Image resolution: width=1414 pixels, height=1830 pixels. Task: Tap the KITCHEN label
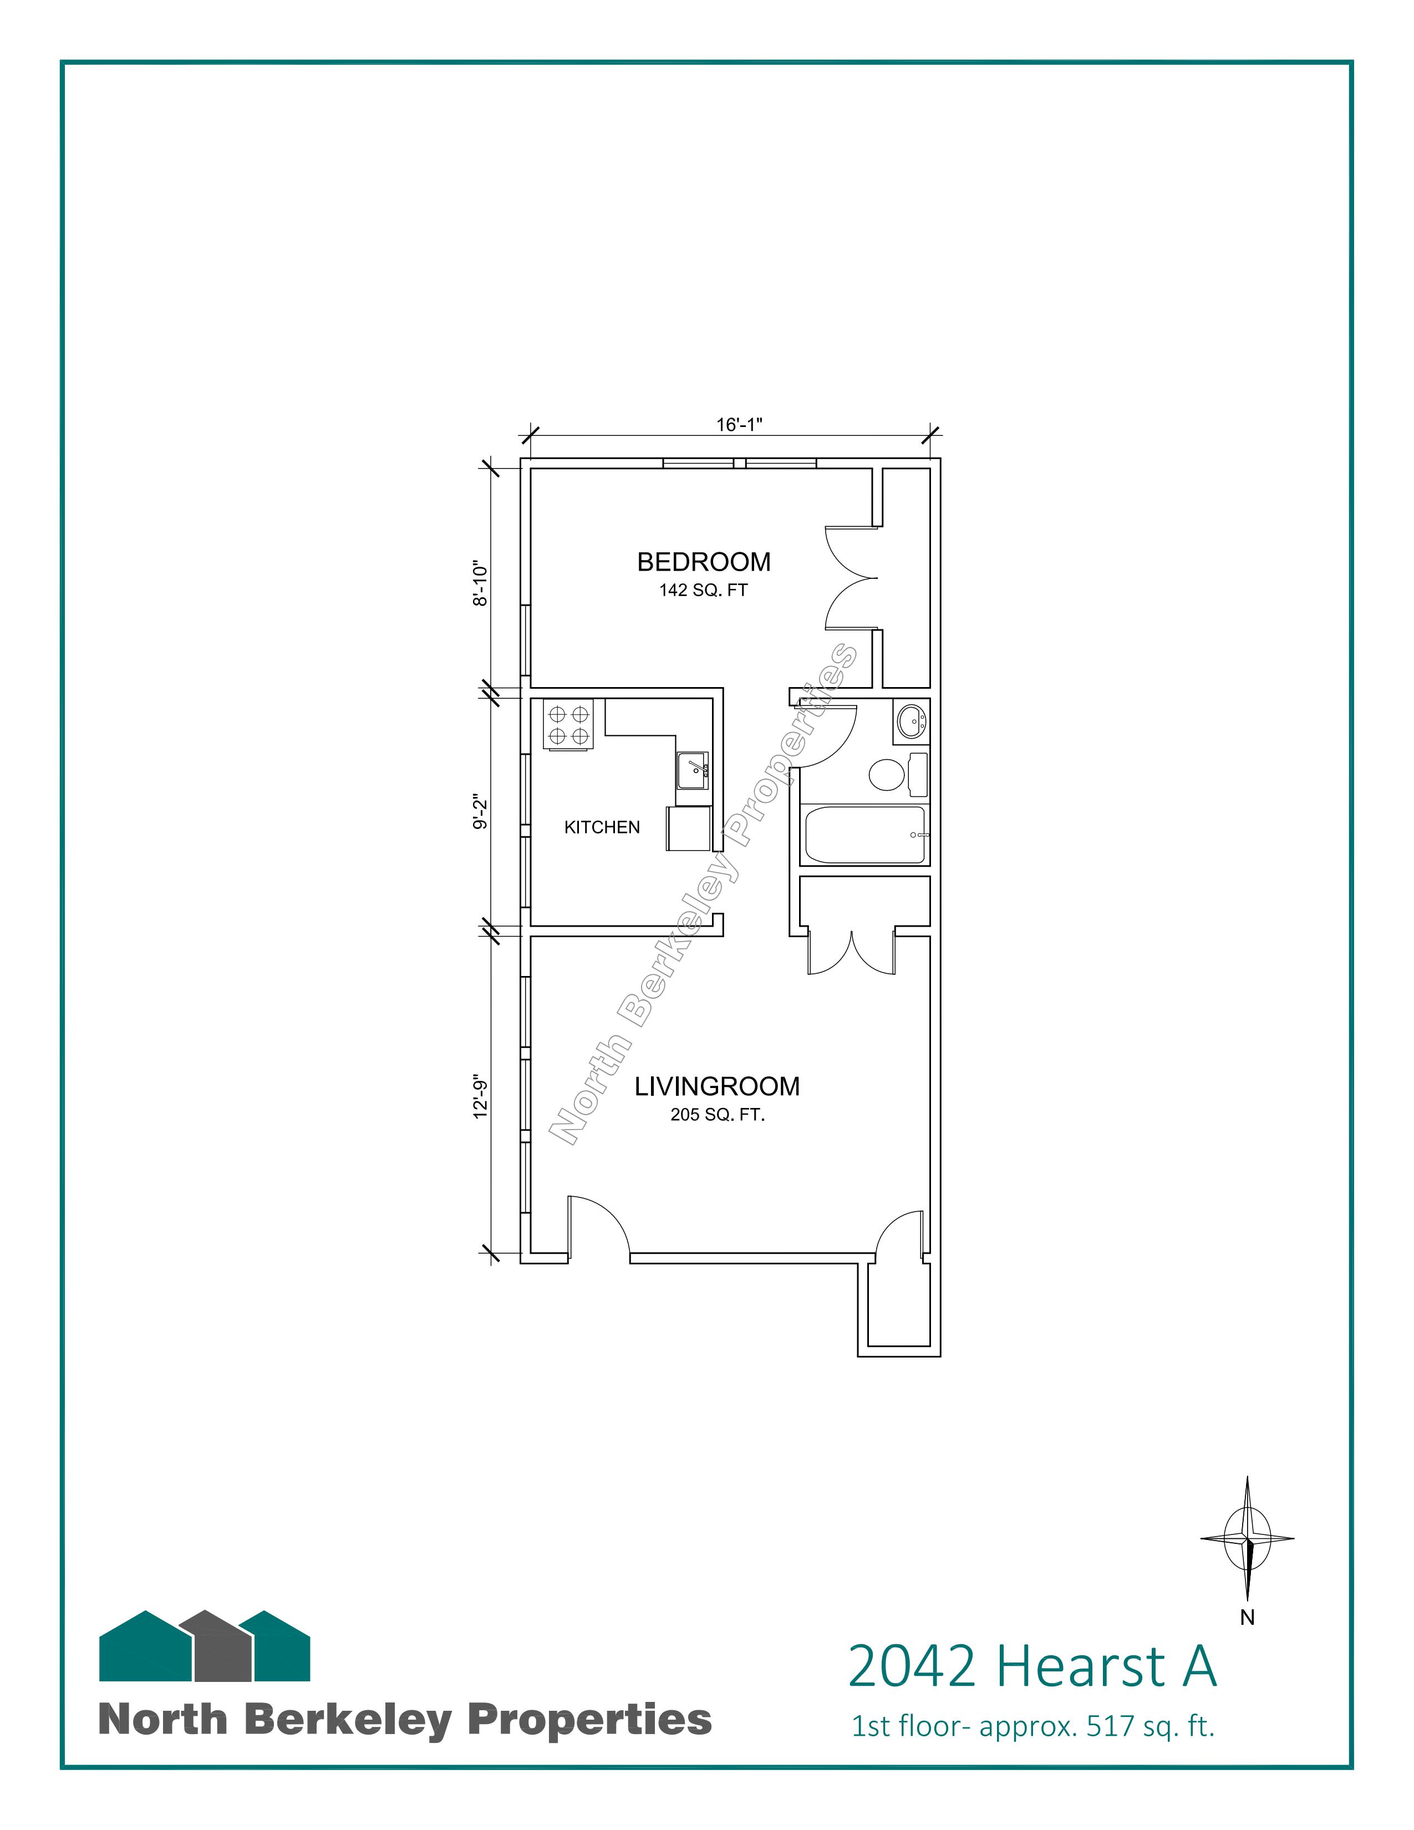(602, 827)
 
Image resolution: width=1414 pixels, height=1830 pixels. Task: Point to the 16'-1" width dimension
(739, 425)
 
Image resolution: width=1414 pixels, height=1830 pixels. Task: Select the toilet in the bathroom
(898, 775)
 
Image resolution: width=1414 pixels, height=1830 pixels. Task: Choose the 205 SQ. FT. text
(718, 1115)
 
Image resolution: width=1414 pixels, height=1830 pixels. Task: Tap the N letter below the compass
(1247, 1618)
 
